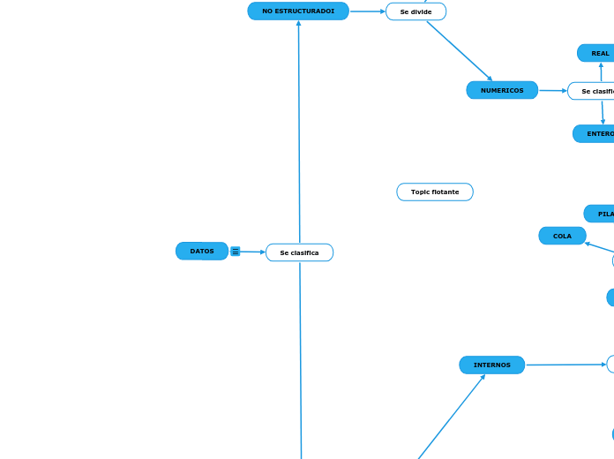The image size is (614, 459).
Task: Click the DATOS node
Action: pos(202,252)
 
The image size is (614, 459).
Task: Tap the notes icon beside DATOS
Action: pos(236,252)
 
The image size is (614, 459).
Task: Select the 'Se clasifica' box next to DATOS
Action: pos(299,252)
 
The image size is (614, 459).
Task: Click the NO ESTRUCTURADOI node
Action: pos(298,11)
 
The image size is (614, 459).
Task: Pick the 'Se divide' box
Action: pos(416,11)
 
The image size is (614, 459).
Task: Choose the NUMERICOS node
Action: pos(502,90)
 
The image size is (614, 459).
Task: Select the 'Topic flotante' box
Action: pos(435,192)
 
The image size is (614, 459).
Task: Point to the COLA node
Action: pos(562,236)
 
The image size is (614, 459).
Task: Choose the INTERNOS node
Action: pos(491,365)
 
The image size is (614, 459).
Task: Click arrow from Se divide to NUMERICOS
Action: pos(459,50)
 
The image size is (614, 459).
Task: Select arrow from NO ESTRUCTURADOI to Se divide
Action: pos(367,11)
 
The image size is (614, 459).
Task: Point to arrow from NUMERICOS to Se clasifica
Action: pos(552,90)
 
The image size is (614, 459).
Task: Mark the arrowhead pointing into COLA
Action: pos(588,244)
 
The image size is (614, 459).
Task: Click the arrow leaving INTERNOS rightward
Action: pos(565,365)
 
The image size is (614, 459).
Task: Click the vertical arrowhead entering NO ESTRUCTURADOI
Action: pos(298,24)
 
